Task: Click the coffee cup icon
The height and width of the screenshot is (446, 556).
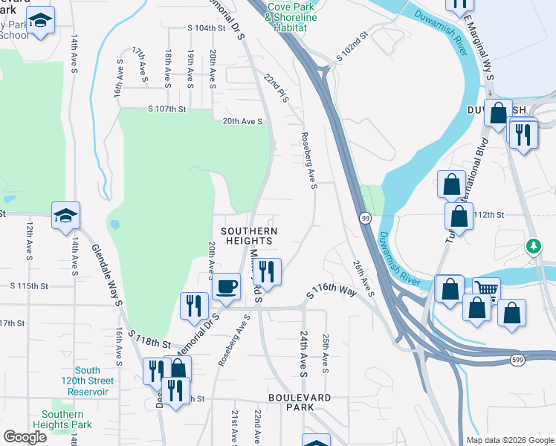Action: click(227, 285)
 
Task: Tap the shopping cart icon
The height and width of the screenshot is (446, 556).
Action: click(486, 289)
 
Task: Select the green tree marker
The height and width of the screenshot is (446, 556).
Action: click(534, 246)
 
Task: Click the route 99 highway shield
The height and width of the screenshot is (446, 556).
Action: click(366, 218)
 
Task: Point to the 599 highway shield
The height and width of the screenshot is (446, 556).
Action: click(519, 360)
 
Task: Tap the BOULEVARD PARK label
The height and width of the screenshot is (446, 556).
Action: click(300, 403)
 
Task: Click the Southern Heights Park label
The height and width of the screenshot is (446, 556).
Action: click(62, 419)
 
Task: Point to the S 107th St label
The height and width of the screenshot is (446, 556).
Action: click(167, 109)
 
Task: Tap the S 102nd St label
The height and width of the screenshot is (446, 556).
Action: click(352, 46)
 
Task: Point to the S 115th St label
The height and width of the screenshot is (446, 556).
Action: click(29, 285)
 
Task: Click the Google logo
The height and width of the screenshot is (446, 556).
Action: click(25, 437)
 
